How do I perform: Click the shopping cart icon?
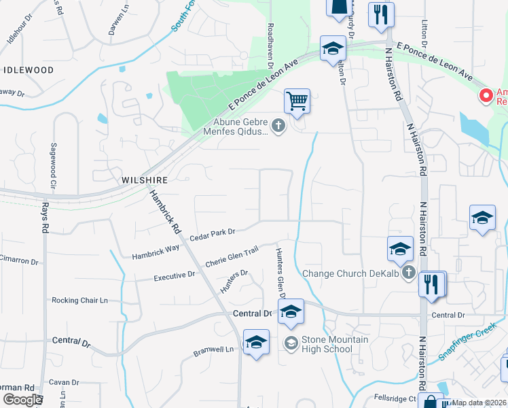[x=297, y=101]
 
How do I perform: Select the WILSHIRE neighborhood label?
[x=144, y=180]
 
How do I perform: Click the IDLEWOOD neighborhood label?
[x=29, y=70]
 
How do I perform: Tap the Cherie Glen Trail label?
[x=232, y=259]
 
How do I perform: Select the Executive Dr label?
[x=174, y=277]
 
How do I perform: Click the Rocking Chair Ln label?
[x=79, y=300]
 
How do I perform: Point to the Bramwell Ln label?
[x=213, y=350]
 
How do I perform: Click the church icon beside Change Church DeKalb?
[x=407, y=273]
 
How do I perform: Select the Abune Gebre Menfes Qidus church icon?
[x=278, y=125]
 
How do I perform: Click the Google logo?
[x=22, y=400]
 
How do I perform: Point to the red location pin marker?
[x=486, y=95]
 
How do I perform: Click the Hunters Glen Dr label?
[x=279, y=271]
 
